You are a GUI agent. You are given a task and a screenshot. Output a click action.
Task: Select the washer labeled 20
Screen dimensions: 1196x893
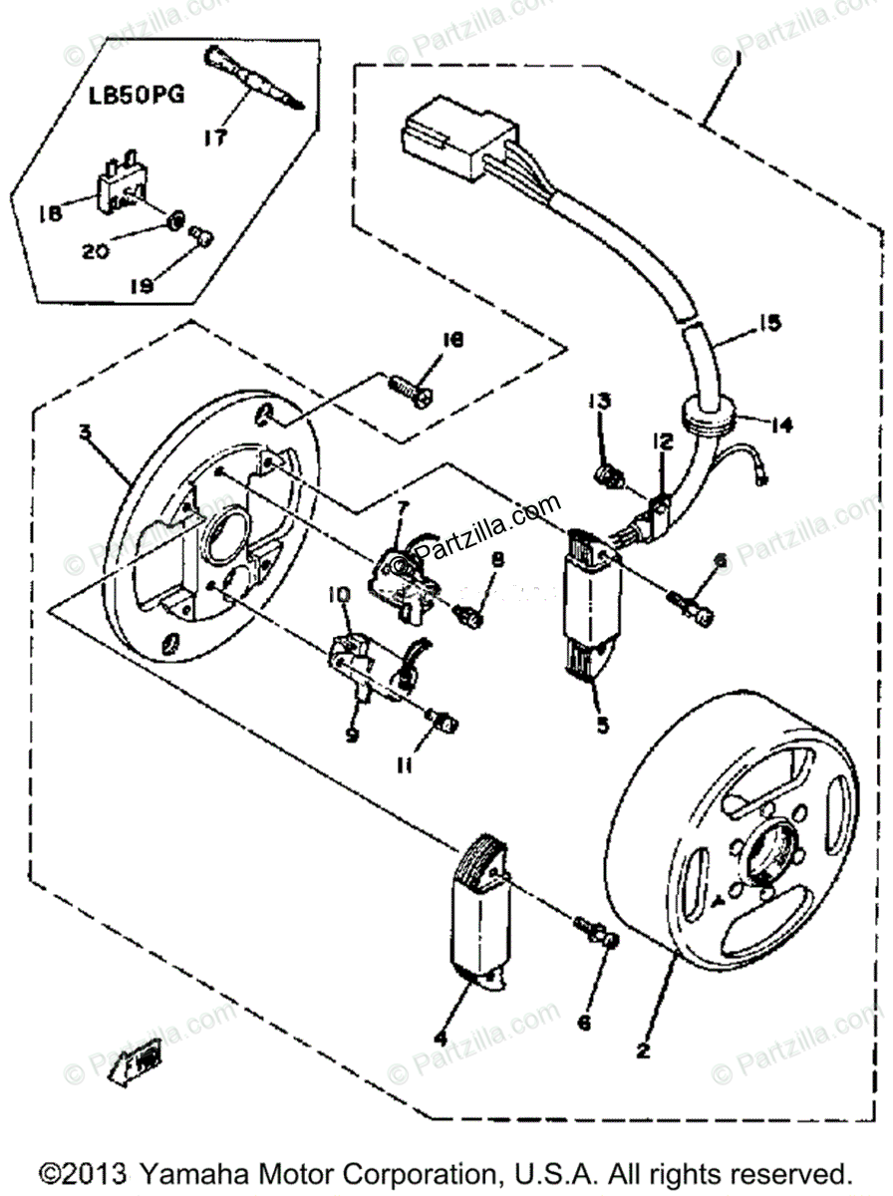[175, 218]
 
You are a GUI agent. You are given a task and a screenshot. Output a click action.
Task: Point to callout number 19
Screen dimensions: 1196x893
[144, 285]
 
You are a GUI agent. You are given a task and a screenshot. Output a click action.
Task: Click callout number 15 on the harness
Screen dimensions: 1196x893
[769, 323]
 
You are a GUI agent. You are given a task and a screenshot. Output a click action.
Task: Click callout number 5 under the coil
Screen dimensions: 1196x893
[602, 725]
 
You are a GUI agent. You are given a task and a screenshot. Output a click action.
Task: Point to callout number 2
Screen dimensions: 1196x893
[643, 1050]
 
